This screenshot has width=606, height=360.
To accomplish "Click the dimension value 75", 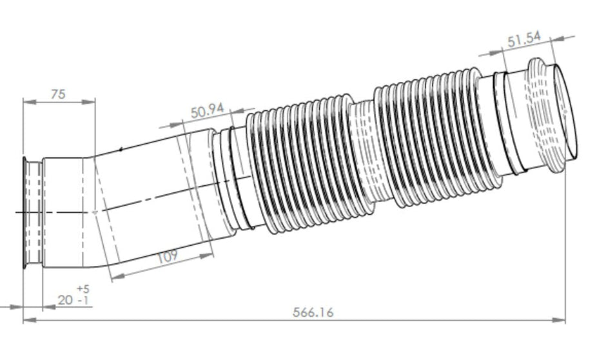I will point(57,94).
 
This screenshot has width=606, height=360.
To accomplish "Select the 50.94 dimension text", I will point(207,110).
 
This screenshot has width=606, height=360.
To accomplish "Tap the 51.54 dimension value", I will point(523,40).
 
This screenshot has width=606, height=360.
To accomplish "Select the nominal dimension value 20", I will point(64,301).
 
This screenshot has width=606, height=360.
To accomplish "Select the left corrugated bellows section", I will point(300,165).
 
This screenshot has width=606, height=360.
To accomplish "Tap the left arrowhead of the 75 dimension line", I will point(26,101).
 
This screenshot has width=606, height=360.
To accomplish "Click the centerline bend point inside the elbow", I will point(95,211).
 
